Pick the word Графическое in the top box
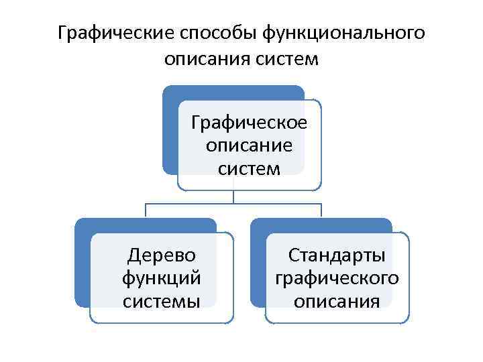click(250, 123)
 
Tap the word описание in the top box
click(250, 145)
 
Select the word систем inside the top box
click(250, 168)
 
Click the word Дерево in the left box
click(162, 255)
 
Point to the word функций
click(162, 278)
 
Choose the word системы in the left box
click(162, 300)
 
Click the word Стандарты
click(337, 255)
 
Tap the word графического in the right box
click(337, 278)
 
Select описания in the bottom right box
click(337, 300)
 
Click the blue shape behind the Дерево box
click(81, 268)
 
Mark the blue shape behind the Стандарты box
click(257, 268)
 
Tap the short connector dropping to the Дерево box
click(146, 210)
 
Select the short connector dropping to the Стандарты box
click(321, 210)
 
